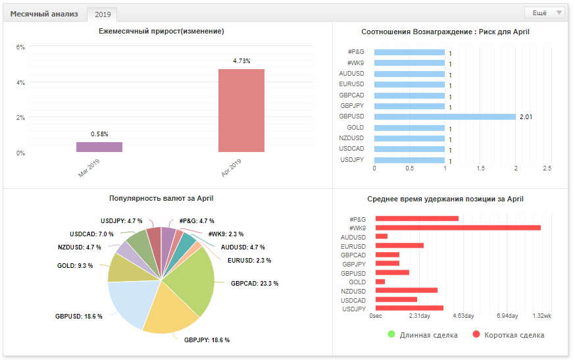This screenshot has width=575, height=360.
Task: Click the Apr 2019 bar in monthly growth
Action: (241, 111)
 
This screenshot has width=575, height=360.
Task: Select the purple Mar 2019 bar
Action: (99, 147)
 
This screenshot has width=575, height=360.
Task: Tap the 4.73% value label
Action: (241, 61)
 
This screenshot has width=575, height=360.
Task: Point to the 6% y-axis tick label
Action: (20, 47)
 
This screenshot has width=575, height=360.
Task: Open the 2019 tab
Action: (103, 14)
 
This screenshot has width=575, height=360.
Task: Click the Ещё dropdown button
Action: (545, 13)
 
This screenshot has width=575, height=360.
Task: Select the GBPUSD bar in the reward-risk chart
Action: (445, 116)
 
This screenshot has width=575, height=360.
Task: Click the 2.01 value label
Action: (526, 116)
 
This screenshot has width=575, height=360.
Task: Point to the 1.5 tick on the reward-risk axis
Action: (480, 168)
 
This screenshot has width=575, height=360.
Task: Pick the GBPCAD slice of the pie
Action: (193, 279)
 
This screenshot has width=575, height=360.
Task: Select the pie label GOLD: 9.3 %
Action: (75, 265)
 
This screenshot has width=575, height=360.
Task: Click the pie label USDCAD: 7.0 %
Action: (91, 234)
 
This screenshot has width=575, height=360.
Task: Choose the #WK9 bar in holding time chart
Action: (458, 228)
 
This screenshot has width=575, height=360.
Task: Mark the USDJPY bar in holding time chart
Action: (409, 308)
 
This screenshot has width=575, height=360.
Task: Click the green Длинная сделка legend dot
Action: (391, 334)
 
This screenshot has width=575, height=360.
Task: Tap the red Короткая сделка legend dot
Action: (476, 334)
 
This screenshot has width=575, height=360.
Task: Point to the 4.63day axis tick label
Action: (464, 316)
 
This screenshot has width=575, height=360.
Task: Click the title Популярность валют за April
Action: (161, 198)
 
